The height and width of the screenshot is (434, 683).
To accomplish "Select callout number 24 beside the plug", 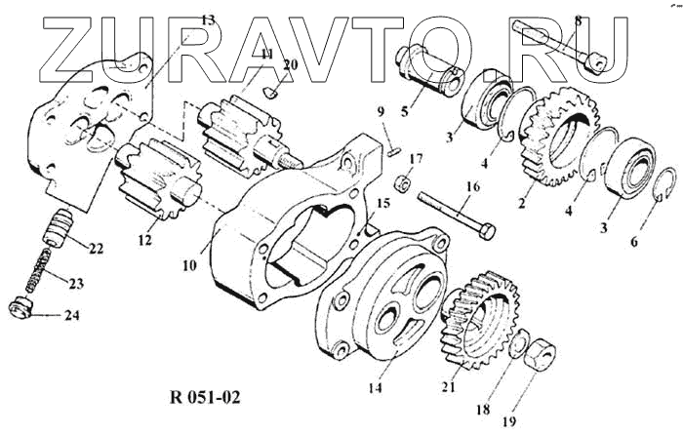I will (x=72, y=315).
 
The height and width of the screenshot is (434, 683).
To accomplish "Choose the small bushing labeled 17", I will (x=402, y=182).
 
